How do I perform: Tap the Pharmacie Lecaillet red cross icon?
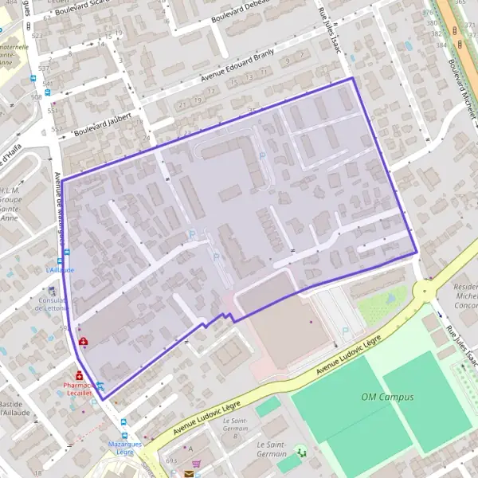pyautogui.click(x=80, y=375)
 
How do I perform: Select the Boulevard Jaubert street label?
pyautogui.click(x=100, y=126)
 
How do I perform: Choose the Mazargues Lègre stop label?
pyautogui.click(x=125, y=448)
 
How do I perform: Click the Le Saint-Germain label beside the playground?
pyautogui.click(x=272, y=449)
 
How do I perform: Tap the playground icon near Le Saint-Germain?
pyautogui.click(x=300, y=452)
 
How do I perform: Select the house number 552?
pyautogui.click(x=55, y=129)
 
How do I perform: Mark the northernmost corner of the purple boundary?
pyautogui.click(x=352, y=78)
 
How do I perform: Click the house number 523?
pyautogui.click(x=37, y=37)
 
